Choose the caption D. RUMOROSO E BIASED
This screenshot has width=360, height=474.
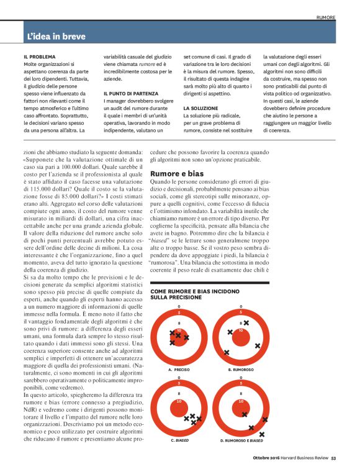[243, 440]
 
